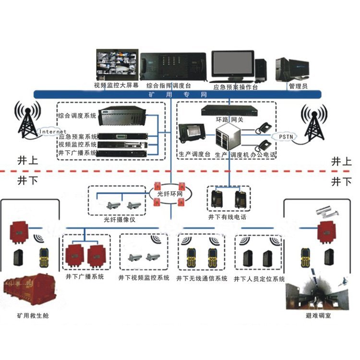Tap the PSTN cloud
tap(288, 136)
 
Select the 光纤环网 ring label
tap(168, 194)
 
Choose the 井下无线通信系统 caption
tap(202, 278)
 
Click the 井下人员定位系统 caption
tap(259, 278)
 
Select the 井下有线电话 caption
tap(228, 217)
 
